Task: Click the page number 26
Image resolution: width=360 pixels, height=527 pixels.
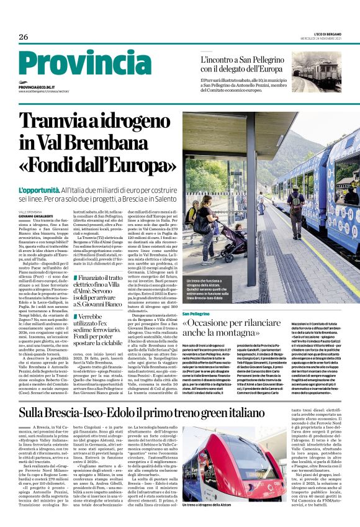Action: click(x=24, y=37)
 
